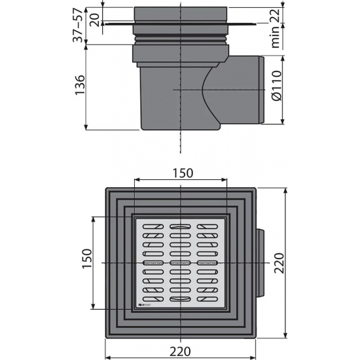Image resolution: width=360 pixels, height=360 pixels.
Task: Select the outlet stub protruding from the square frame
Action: (x=261, y=262)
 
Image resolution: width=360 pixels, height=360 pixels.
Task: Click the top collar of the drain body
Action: (x=181, y=15)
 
